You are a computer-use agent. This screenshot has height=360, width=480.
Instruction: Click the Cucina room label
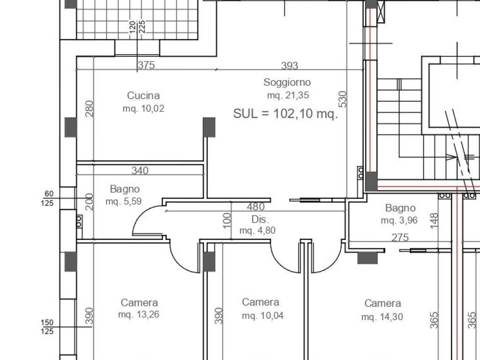coord(143,96)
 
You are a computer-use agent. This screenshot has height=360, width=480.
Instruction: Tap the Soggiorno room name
coord(287,82)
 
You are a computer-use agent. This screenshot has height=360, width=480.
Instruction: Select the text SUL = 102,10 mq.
coord(285,113)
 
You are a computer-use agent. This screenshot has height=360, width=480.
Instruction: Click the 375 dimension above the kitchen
coord(146,65)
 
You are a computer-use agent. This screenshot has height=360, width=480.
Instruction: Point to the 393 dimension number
coord(290,65)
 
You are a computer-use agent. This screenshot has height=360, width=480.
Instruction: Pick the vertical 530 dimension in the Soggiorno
coord(343,99)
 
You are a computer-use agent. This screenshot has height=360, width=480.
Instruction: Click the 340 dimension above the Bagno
coord(140,170)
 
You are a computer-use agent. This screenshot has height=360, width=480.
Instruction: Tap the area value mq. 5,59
coord(124,202)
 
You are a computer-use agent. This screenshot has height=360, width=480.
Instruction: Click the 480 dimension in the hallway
coord(255,207)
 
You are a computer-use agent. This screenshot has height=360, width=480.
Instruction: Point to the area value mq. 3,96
coord(399,220)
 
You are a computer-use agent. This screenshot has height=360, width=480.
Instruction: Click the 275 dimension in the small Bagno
coord(400,238)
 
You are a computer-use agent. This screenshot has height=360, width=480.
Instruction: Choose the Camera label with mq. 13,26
coord(139,302)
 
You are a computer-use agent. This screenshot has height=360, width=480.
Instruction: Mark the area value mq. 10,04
coord(262,315)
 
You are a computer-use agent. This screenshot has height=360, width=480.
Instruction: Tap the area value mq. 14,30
coord(382,316)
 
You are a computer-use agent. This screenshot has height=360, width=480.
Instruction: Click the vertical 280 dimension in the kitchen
coord(89,109)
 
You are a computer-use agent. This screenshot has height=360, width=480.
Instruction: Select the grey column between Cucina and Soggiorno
coord(209,127)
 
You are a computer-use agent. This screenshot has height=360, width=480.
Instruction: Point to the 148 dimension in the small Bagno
coord(434,220)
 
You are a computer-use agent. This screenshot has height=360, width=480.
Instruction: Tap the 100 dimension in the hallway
coord(227,220)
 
